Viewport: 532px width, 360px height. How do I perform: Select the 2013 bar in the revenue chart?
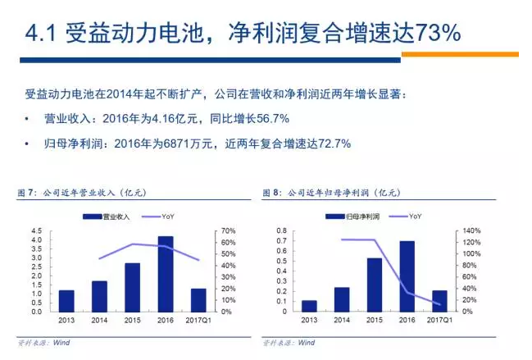coord(66,301)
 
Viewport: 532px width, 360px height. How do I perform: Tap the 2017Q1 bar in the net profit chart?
coord(439,301)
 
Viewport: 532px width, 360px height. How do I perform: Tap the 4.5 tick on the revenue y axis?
coord(39,231)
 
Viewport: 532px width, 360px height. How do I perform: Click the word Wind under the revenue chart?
coord(61,342)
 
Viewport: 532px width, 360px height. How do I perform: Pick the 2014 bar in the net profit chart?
coord(342,299)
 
